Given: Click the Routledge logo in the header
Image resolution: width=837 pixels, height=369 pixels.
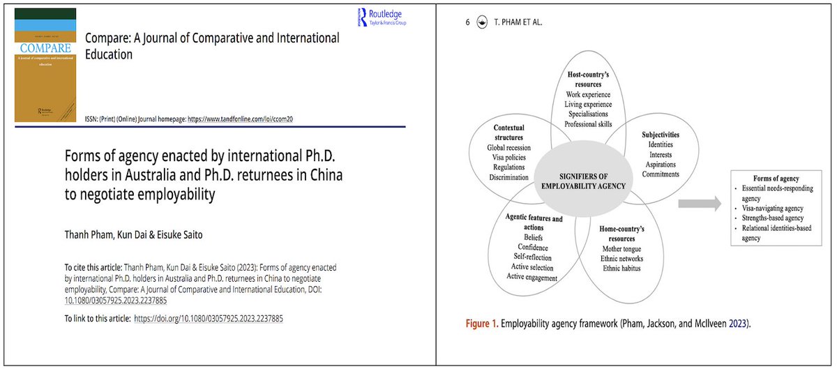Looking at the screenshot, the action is (x=381, y=17).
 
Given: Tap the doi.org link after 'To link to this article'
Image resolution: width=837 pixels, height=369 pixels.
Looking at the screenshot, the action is (x=208, y=318).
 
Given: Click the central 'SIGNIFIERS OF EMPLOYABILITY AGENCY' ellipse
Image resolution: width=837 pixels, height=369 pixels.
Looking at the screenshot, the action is (x=584, y=179).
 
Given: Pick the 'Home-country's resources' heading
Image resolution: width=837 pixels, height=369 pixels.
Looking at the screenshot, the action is (x=621, y=232).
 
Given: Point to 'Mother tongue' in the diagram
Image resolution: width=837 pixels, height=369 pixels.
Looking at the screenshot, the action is (x=622, y=248).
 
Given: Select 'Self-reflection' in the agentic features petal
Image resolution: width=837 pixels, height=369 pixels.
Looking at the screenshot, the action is (x=532, y=257).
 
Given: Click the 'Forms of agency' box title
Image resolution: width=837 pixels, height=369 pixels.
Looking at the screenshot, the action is (x=776, y=179).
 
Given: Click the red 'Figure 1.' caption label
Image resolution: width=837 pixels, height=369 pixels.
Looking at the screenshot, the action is (x=483, y=324).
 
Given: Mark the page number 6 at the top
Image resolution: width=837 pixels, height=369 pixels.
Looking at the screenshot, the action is (x=467, y=22).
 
